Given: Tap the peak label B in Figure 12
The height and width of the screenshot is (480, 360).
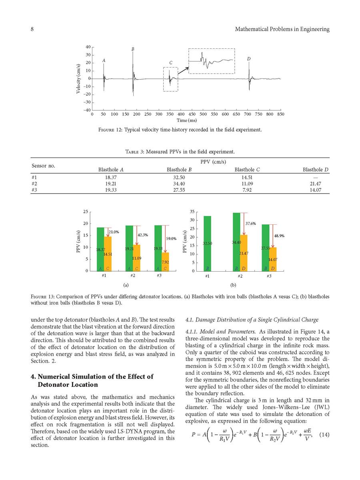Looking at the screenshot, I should click(x=133, y=49).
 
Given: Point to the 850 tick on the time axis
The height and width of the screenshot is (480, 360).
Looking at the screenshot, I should click(x=280, y=114).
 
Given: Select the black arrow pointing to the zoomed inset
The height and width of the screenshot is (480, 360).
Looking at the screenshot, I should click(x=183, y=70).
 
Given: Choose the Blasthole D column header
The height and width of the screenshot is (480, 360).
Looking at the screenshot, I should click(x=316, y=170).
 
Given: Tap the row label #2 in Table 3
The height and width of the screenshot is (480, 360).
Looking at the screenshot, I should click(x=34, y=183).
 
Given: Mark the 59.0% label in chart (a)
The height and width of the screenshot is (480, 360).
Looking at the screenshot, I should click(x=171, y=239).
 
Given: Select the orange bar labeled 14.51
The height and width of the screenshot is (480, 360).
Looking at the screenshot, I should click(x=108, y=254).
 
